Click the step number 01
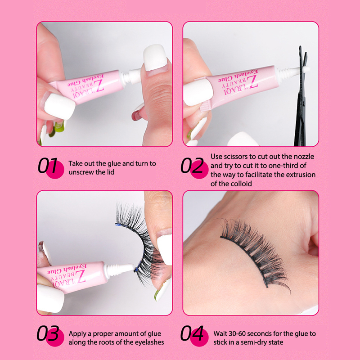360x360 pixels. pyautogui.click(x=48, y=165)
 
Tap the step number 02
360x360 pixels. pyautogui.click(x=192, y=165)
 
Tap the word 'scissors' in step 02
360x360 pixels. pyautogui.click(x=237, y=157)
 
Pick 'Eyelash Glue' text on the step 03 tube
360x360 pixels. pyautogui.click(x=67, y=269)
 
